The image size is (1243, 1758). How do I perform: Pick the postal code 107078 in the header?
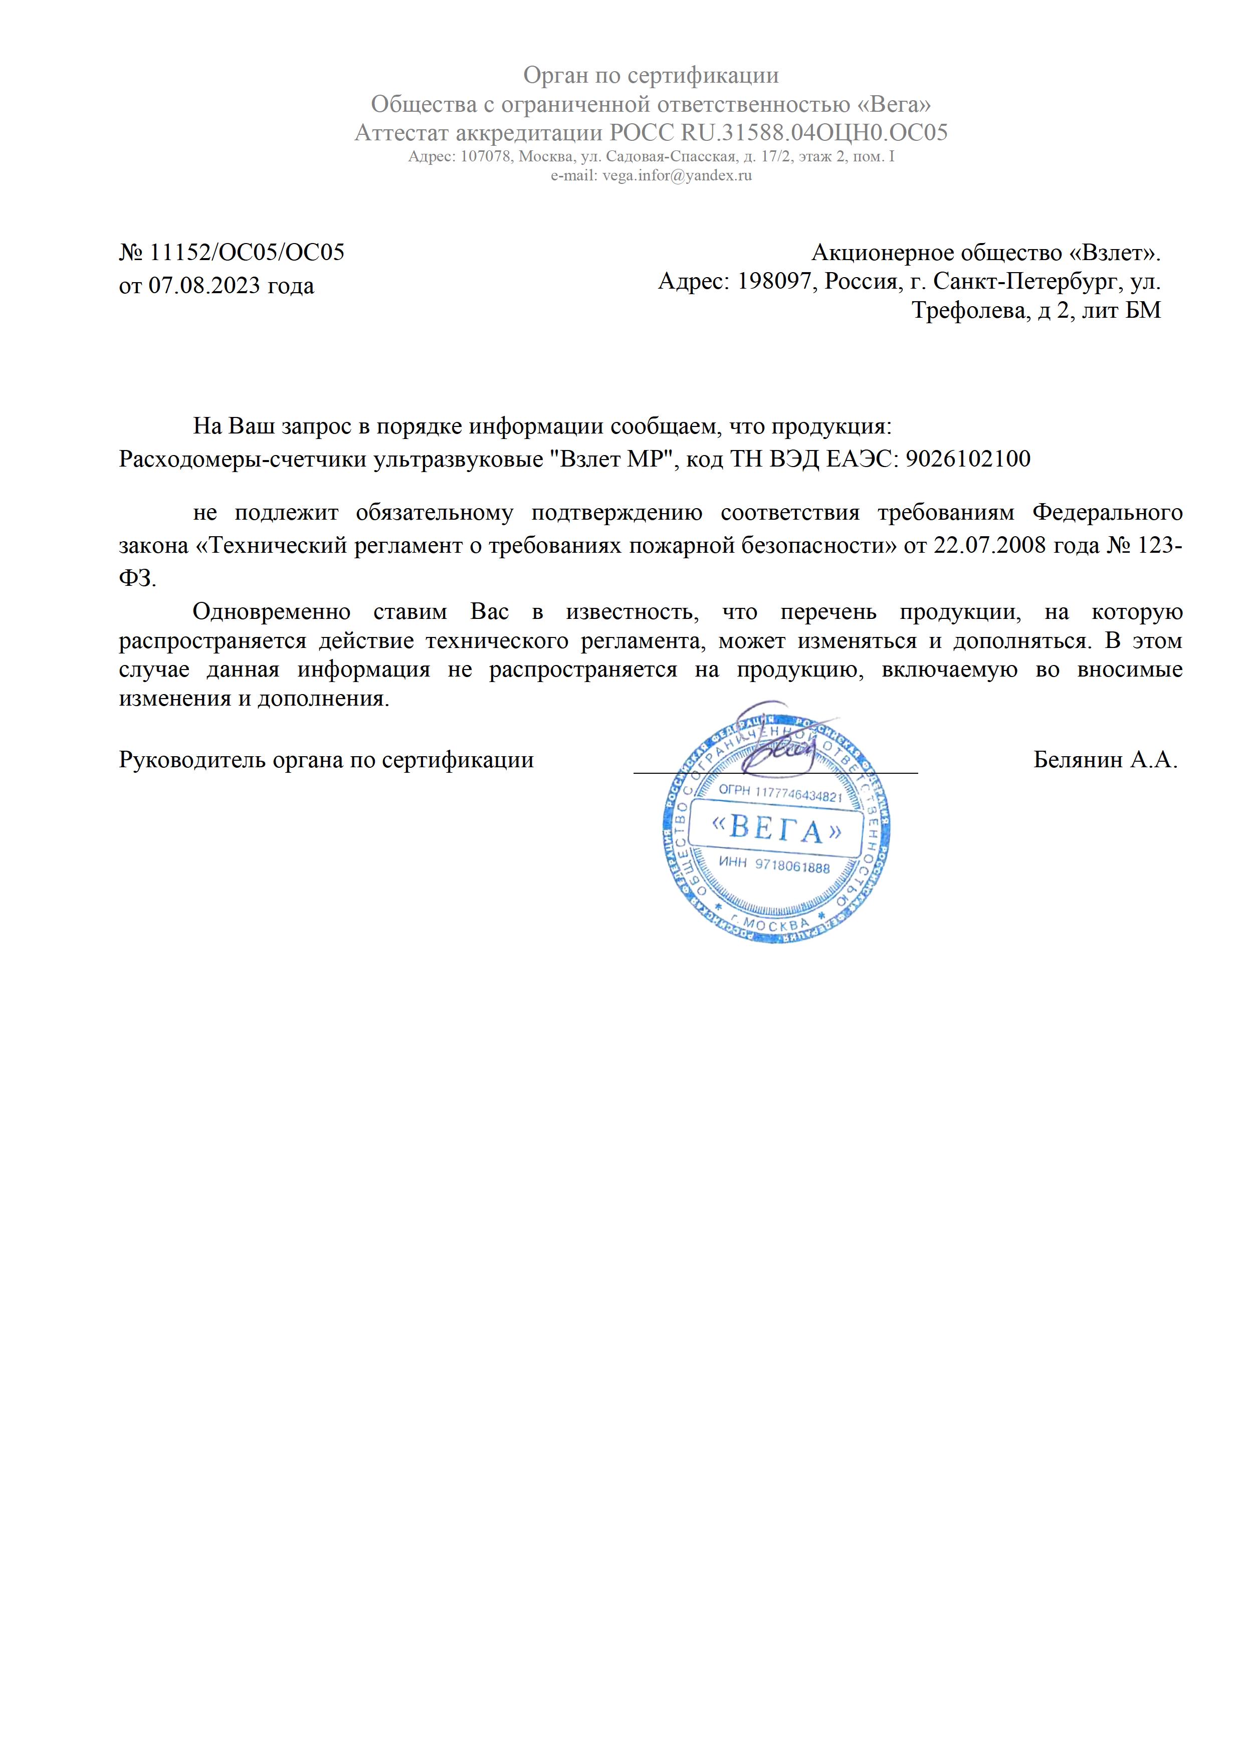486,157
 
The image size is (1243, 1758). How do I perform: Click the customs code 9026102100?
967,459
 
